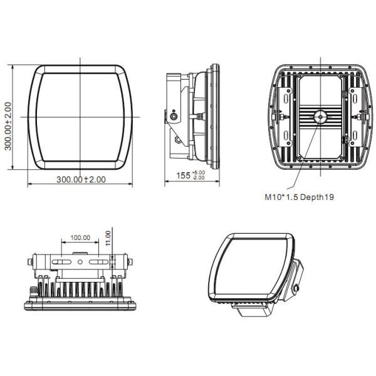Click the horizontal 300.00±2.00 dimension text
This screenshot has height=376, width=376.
[81, 179]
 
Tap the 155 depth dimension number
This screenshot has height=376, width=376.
[182, 176]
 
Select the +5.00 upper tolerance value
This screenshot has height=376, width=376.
[199, 172]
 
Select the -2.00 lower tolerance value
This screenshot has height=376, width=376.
[199, 178]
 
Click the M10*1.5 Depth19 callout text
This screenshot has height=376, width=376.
[298, 197]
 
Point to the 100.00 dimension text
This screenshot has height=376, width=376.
[80, 238]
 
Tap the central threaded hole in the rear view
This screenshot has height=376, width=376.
[320, 116]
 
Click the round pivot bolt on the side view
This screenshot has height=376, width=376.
[173, 116]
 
